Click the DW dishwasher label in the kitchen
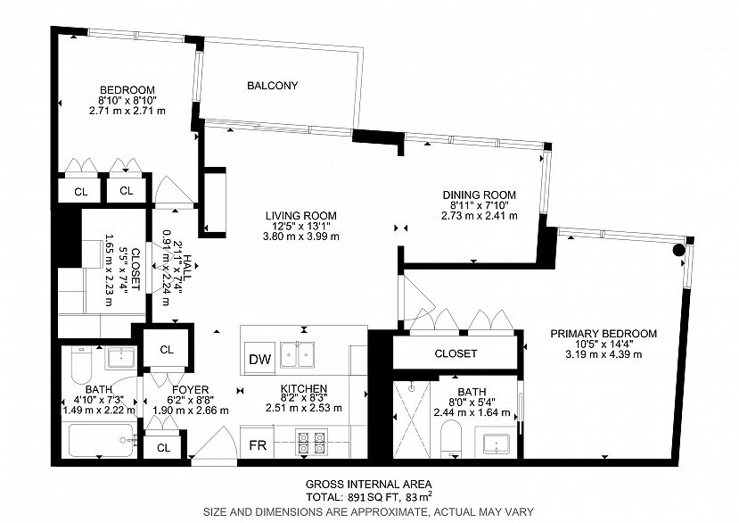pos(259,360)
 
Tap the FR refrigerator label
pos(258,445)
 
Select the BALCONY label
pos(273,86)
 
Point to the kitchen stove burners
pos(311,443)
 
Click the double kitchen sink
pos(298,355)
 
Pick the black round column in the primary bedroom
pos(678,250)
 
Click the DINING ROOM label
pos(480,195)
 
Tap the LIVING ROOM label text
pos(301,216)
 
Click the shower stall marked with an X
pos(412,419)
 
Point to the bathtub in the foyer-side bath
pos(102,440)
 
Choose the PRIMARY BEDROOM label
pos(604,334)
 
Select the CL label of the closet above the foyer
pos(167,350)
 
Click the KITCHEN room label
pos(304,389)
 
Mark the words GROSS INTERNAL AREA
pos(369,485)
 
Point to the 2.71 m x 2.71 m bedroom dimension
pos(127,111)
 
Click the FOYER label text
pos(191,390)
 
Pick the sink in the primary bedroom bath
pos(497,444)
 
